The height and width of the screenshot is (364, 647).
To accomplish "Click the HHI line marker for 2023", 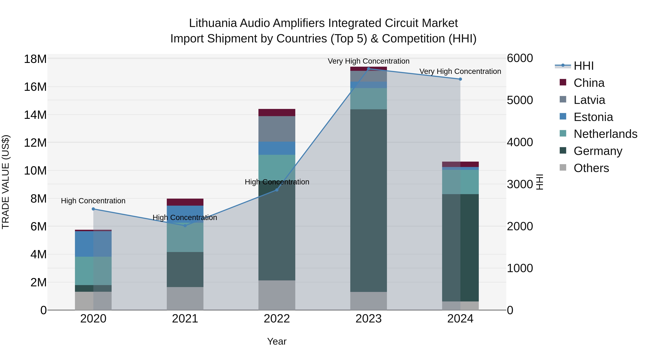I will point(368,69).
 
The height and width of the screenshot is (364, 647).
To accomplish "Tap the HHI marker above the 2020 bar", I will point(93,209).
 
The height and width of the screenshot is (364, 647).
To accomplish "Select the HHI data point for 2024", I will point(460,79).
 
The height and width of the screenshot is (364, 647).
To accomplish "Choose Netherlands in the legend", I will point(605,134).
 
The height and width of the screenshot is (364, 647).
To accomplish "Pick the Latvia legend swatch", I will point(563,99).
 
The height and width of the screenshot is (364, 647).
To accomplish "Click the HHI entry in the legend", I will point(583,66).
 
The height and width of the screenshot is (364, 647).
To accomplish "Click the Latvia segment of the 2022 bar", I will point(277,129).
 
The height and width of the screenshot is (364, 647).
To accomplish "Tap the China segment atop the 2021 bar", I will point(185,202).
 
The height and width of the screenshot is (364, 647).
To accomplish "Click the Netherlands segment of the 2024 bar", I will point(460,182).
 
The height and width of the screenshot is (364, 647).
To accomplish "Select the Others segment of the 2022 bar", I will point(277,295).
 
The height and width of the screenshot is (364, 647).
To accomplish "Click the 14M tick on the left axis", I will point(35,115).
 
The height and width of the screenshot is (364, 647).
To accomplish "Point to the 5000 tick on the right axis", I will point(520,100).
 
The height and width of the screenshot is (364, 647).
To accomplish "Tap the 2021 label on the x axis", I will point(185,319).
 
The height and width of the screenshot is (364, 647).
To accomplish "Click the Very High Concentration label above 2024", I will point(460,71).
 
